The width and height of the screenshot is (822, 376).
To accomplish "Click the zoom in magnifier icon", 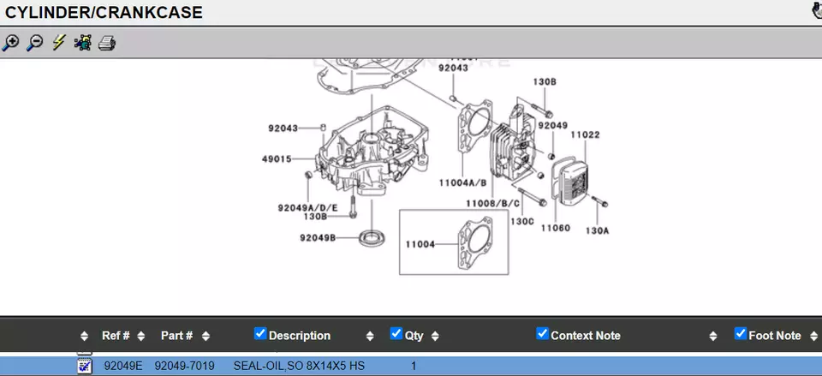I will pyautogui.click(x=11, y=42).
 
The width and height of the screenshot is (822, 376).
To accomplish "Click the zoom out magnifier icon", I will pyautogui.click(x=35, y=42).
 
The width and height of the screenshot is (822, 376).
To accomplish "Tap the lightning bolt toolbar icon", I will pyautogui.click(x=58, y=42).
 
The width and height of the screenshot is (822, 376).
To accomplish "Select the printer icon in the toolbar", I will pyautogui.click(x=107, y=42).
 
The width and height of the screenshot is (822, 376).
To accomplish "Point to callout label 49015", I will pyautogui.click(x=277, y=158).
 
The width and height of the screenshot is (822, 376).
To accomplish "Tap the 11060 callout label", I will pyautogui.click(x=555, y=228).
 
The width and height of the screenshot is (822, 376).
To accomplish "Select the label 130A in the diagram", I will pyautogui.click(x=598, y=230).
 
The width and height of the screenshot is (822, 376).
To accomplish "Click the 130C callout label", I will pyautogui.click(x=522, y=221).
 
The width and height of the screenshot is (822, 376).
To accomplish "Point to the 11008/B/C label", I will pyautogui.click(x=492, y=203).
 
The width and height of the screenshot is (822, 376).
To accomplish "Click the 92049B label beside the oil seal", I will pyautogui.click(x=318, y=237).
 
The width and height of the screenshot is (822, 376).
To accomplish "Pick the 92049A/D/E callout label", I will pyautogui.click(x=307, y=207).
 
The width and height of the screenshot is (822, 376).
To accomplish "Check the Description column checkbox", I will pyautogui.click(x=260, y=333).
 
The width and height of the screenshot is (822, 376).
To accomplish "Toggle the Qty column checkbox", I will pyautogui.click(x=396, y=333).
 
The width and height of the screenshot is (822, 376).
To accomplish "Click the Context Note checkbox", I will pyautogui.click(x=542, y=333).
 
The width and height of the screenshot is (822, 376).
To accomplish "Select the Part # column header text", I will pyautogui.click(x=176, y=336).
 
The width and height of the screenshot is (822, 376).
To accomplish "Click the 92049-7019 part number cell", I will pyautogui.click(x=184, y=366).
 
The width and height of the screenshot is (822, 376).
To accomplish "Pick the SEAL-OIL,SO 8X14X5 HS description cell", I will pyautogui.click(x=299, y=366).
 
